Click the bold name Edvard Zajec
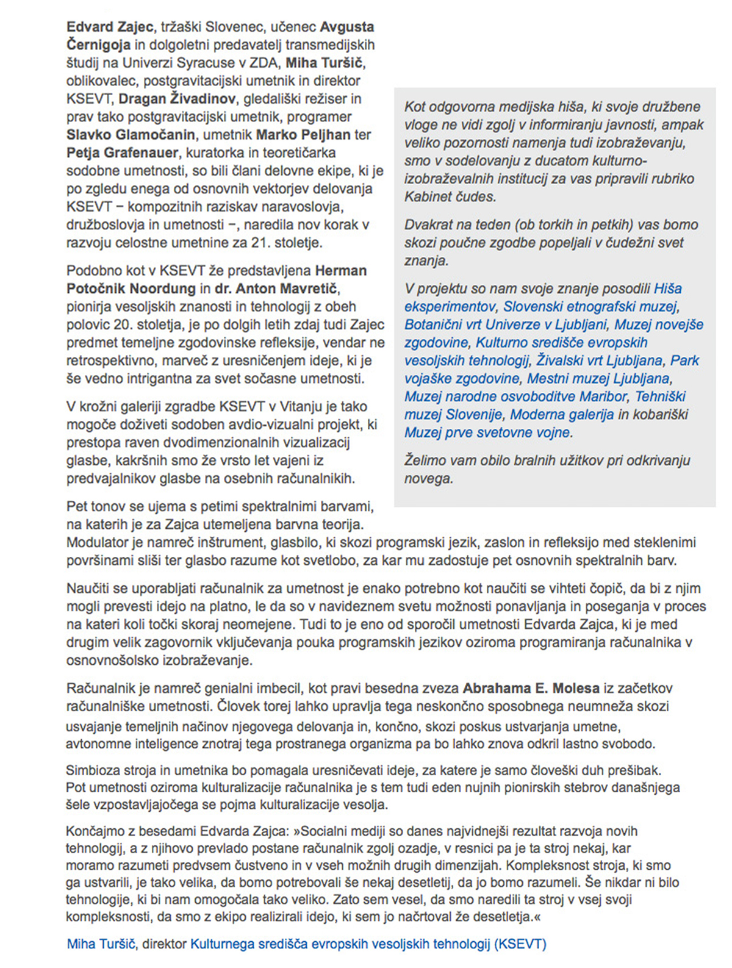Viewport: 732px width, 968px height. [x=109, y=27]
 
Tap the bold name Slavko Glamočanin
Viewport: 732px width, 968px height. [x=131, y=135]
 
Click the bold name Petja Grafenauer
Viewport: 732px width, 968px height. [x=122, y=152]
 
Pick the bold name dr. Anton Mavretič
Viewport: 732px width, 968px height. [x=274, y=289]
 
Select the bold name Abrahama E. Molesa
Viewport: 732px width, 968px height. [x=531, y=689]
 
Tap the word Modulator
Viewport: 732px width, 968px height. [x=97, y=543]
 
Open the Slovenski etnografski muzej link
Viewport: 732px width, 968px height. [x=590, y=307]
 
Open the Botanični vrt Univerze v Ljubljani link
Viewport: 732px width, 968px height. [x=506, y=324]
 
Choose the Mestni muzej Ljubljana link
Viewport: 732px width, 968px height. [x=598, y=379]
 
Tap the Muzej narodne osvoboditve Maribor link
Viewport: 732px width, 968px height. [x=515, y=396]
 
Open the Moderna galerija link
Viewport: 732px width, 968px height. [x=562, y=415]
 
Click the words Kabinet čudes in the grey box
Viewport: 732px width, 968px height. [x=450, y=197]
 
